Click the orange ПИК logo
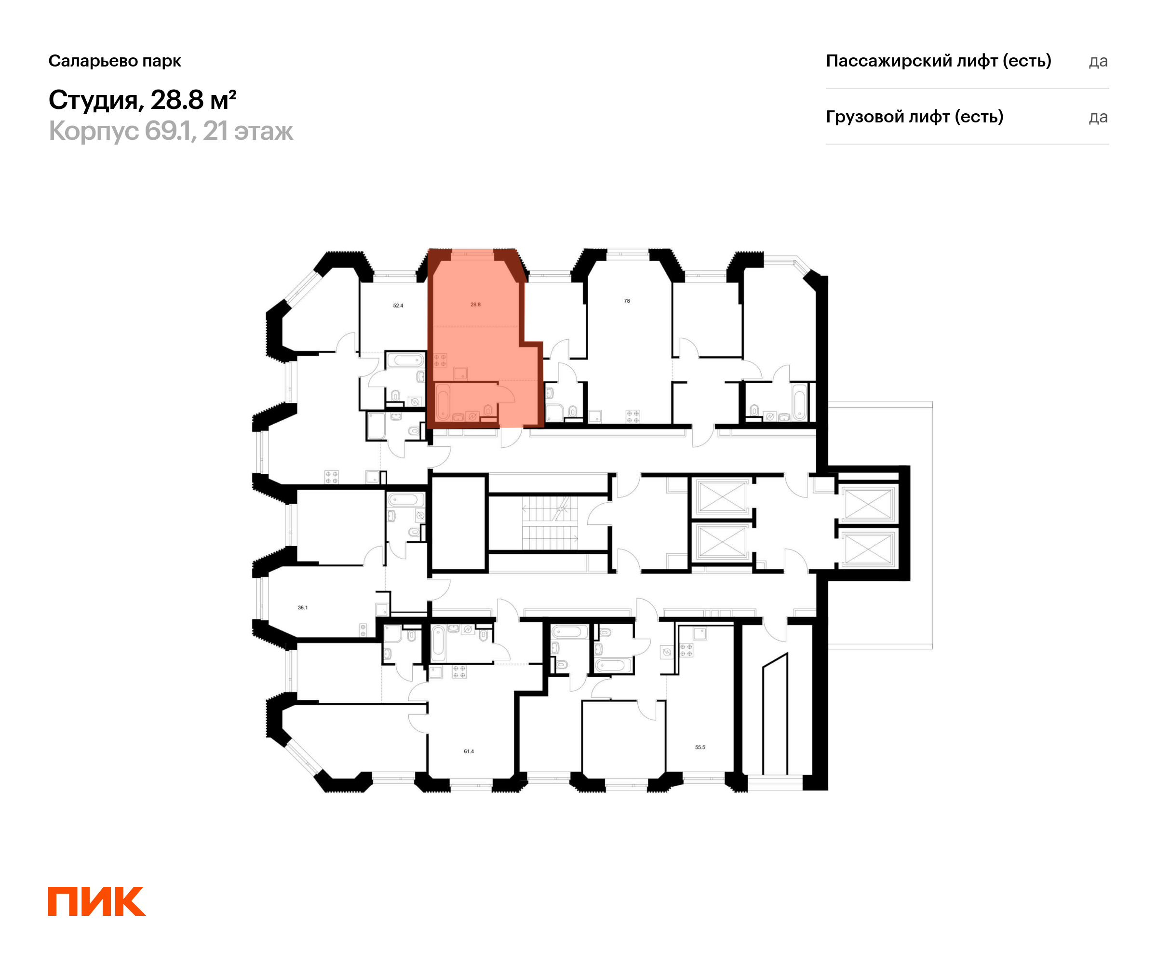(96, 901)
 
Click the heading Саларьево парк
(115, 61)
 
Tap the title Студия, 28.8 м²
(142, 100)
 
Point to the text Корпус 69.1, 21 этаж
(171, 131)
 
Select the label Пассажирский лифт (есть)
(938, 61)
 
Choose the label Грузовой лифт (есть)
(915, 117)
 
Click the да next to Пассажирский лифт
(1098, 61)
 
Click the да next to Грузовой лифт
(1098, 117)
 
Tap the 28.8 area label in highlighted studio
(475, 304)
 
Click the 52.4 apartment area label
(398, 305)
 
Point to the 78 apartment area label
(626, 301)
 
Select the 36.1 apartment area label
(302, 608)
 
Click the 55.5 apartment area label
(700, 748)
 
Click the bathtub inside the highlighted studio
(443, 402)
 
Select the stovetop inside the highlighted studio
(440, 360)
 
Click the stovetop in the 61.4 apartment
(459, 672)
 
